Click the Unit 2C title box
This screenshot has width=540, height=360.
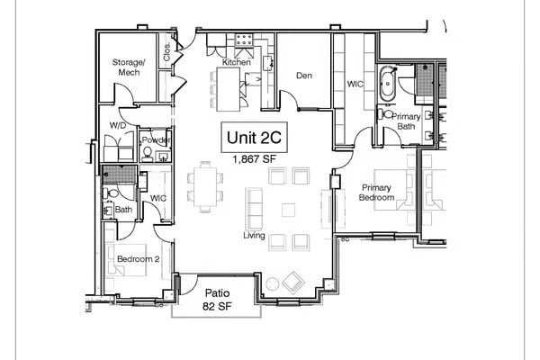(255, 139)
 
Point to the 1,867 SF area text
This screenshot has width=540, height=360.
(255, 159)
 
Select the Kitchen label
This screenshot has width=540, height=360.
(237, 62)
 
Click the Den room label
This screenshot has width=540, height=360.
(303, 76)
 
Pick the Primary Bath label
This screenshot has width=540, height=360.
(407, 121)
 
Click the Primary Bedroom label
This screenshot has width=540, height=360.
(375, 192)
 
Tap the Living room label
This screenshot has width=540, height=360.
(255, 235)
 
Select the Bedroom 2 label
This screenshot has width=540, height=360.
(138, 260)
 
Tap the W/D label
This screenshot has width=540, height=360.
(118, 125)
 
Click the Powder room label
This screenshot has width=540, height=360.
(155, 140)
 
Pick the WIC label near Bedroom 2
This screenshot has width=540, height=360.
(158, 198)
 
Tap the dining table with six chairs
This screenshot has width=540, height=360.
(205, 186)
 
